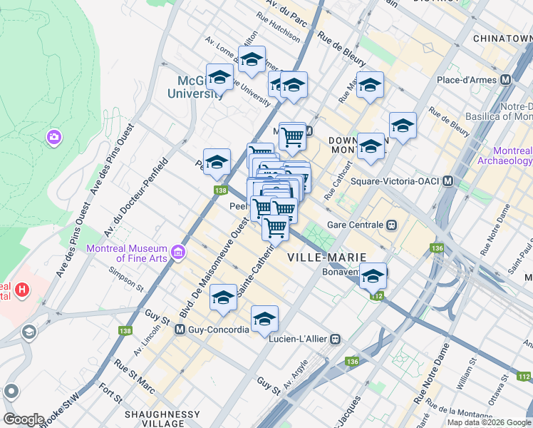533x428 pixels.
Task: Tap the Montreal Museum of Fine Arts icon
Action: pos(178,253)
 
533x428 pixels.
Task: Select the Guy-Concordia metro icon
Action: pos(180,330)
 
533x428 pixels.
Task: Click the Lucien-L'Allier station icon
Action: pos(333,340)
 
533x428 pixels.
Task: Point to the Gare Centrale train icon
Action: pos(391,225)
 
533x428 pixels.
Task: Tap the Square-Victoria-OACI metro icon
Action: pos(447,181)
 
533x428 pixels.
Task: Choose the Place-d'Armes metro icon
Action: pos(507,79)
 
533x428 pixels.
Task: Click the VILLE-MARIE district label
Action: pos(326,256)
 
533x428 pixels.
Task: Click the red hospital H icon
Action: pos(23,290)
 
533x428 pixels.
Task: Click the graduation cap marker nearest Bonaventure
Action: pos(373,275)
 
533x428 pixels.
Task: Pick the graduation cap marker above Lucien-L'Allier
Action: pos(264,318)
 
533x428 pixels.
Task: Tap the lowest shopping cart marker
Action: pos(275,228)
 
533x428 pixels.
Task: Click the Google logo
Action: pos(24,419)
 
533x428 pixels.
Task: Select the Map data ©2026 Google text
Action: pos(488,422)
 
